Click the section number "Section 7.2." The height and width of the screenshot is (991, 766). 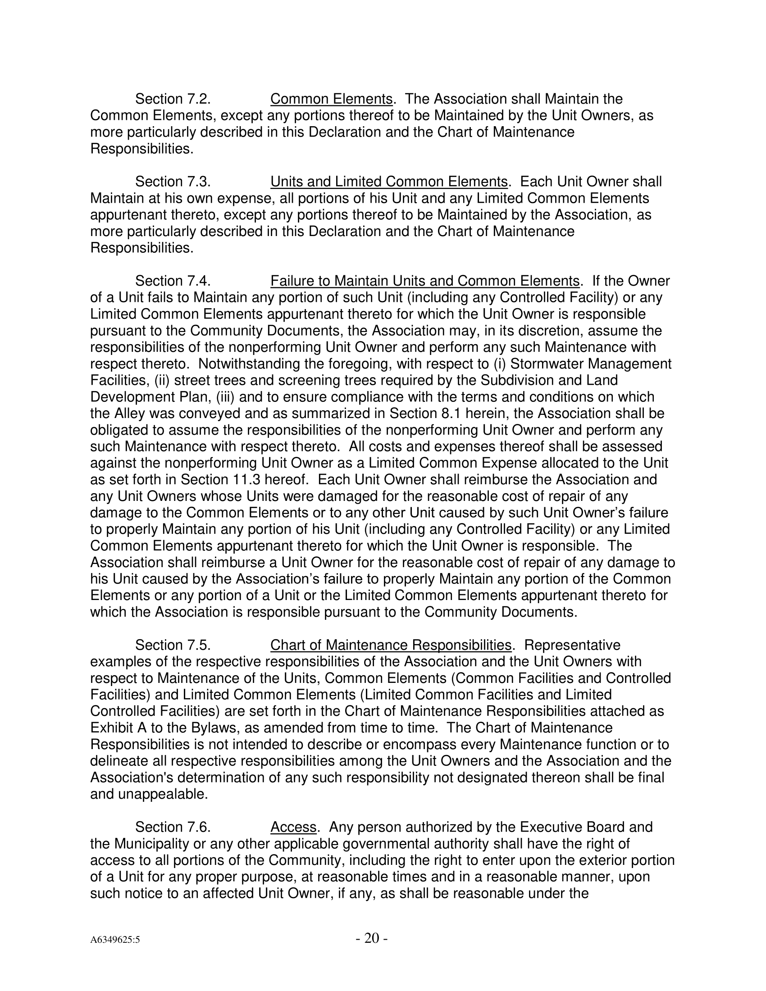click(x=173, y=99)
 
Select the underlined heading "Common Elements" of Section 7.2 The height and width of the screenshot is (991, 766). click(x=331, y=99)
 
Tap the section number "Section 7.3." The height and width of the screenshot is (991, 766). click(x=173, y=182)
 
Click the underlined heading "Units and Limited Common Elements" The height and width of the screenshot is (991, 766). click(x=389, y=182)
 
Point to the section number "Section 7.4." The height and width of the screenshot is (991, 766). click(x=173, y=281)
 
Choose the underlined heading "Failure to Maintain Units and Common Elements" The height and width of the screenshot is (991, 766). click(x=425, y=281)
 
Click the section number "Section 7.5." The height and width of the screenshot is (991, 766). click(x=173, y=645)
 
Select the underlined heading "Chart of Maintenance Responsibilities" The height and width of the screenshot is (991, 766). click(x=391, y=645)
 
